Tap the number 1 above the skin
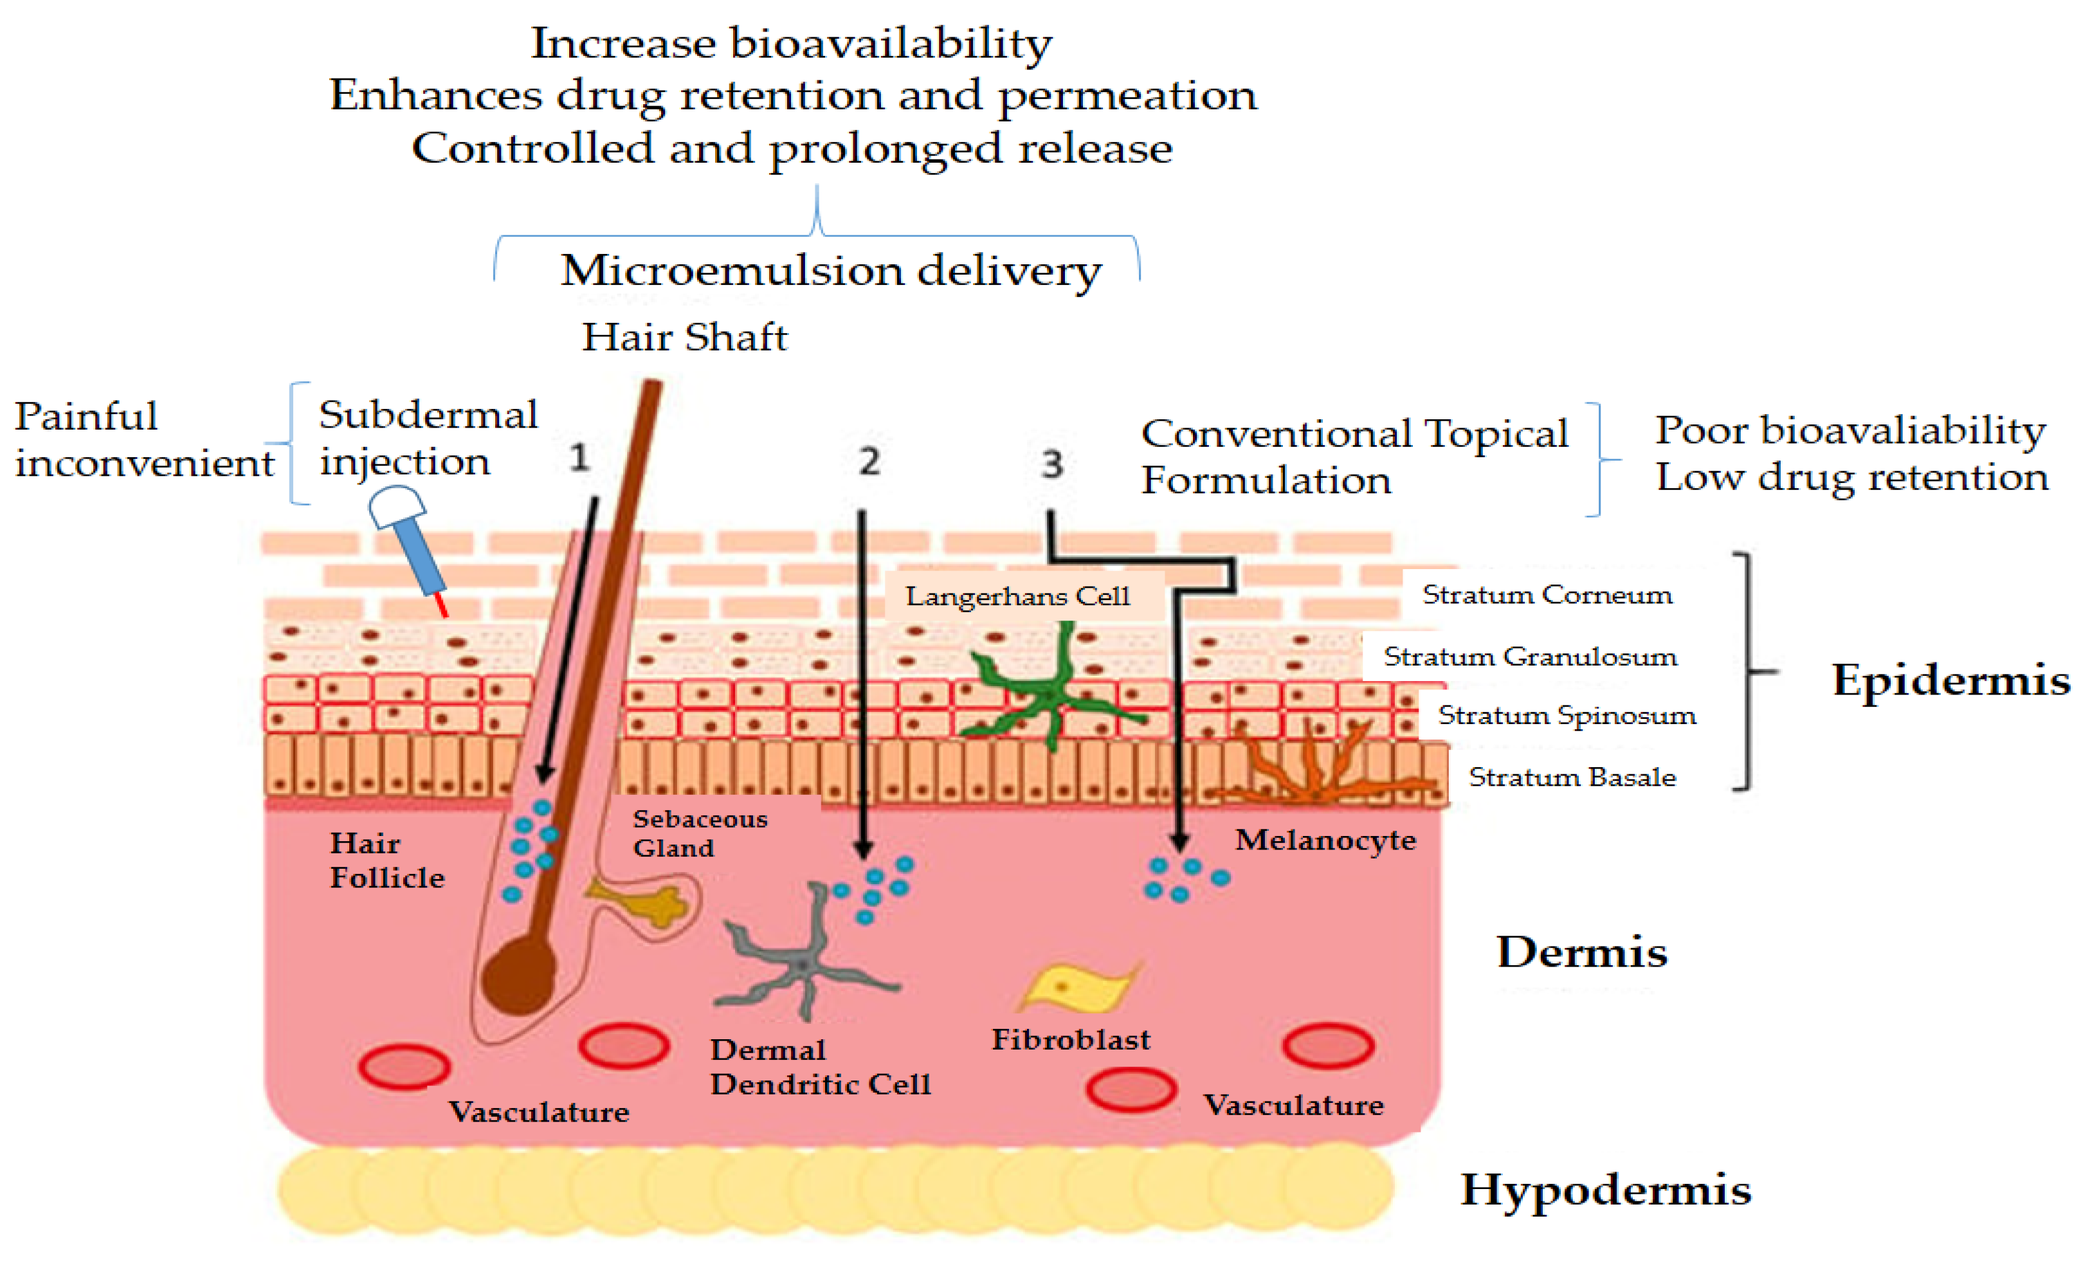pos(579,458)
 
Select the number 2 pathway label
pos(869,461)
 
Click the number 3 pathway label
pos(1051,464)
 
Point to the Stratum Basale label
pos(1572,777)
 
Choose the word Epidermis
pos(1949,680)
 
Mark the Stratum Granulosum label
pos(1529,657)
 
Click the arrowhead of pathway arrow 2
pos(862,848)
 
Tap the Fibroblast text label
pos(1070,1040)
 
